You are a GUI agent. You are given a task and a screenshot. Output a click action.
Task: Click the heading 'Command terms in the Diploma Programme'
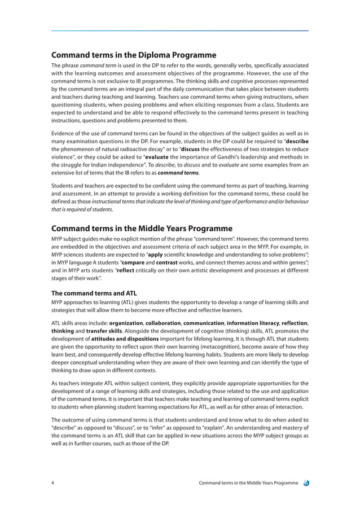tap(134, 55)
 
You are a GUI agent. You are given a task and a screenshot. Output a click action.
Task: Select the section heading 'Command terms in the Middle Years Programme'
tap(142, 229)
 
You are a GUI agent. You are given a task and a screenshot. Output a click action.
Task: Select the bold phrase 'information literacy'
tap(252, 323)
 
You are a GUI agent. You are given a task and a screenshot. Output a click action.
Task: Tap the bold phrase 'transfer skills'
tap(104, 332)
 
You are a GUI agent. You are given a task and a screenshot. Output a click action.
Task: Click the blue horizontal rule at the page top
tap(179, 30)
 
